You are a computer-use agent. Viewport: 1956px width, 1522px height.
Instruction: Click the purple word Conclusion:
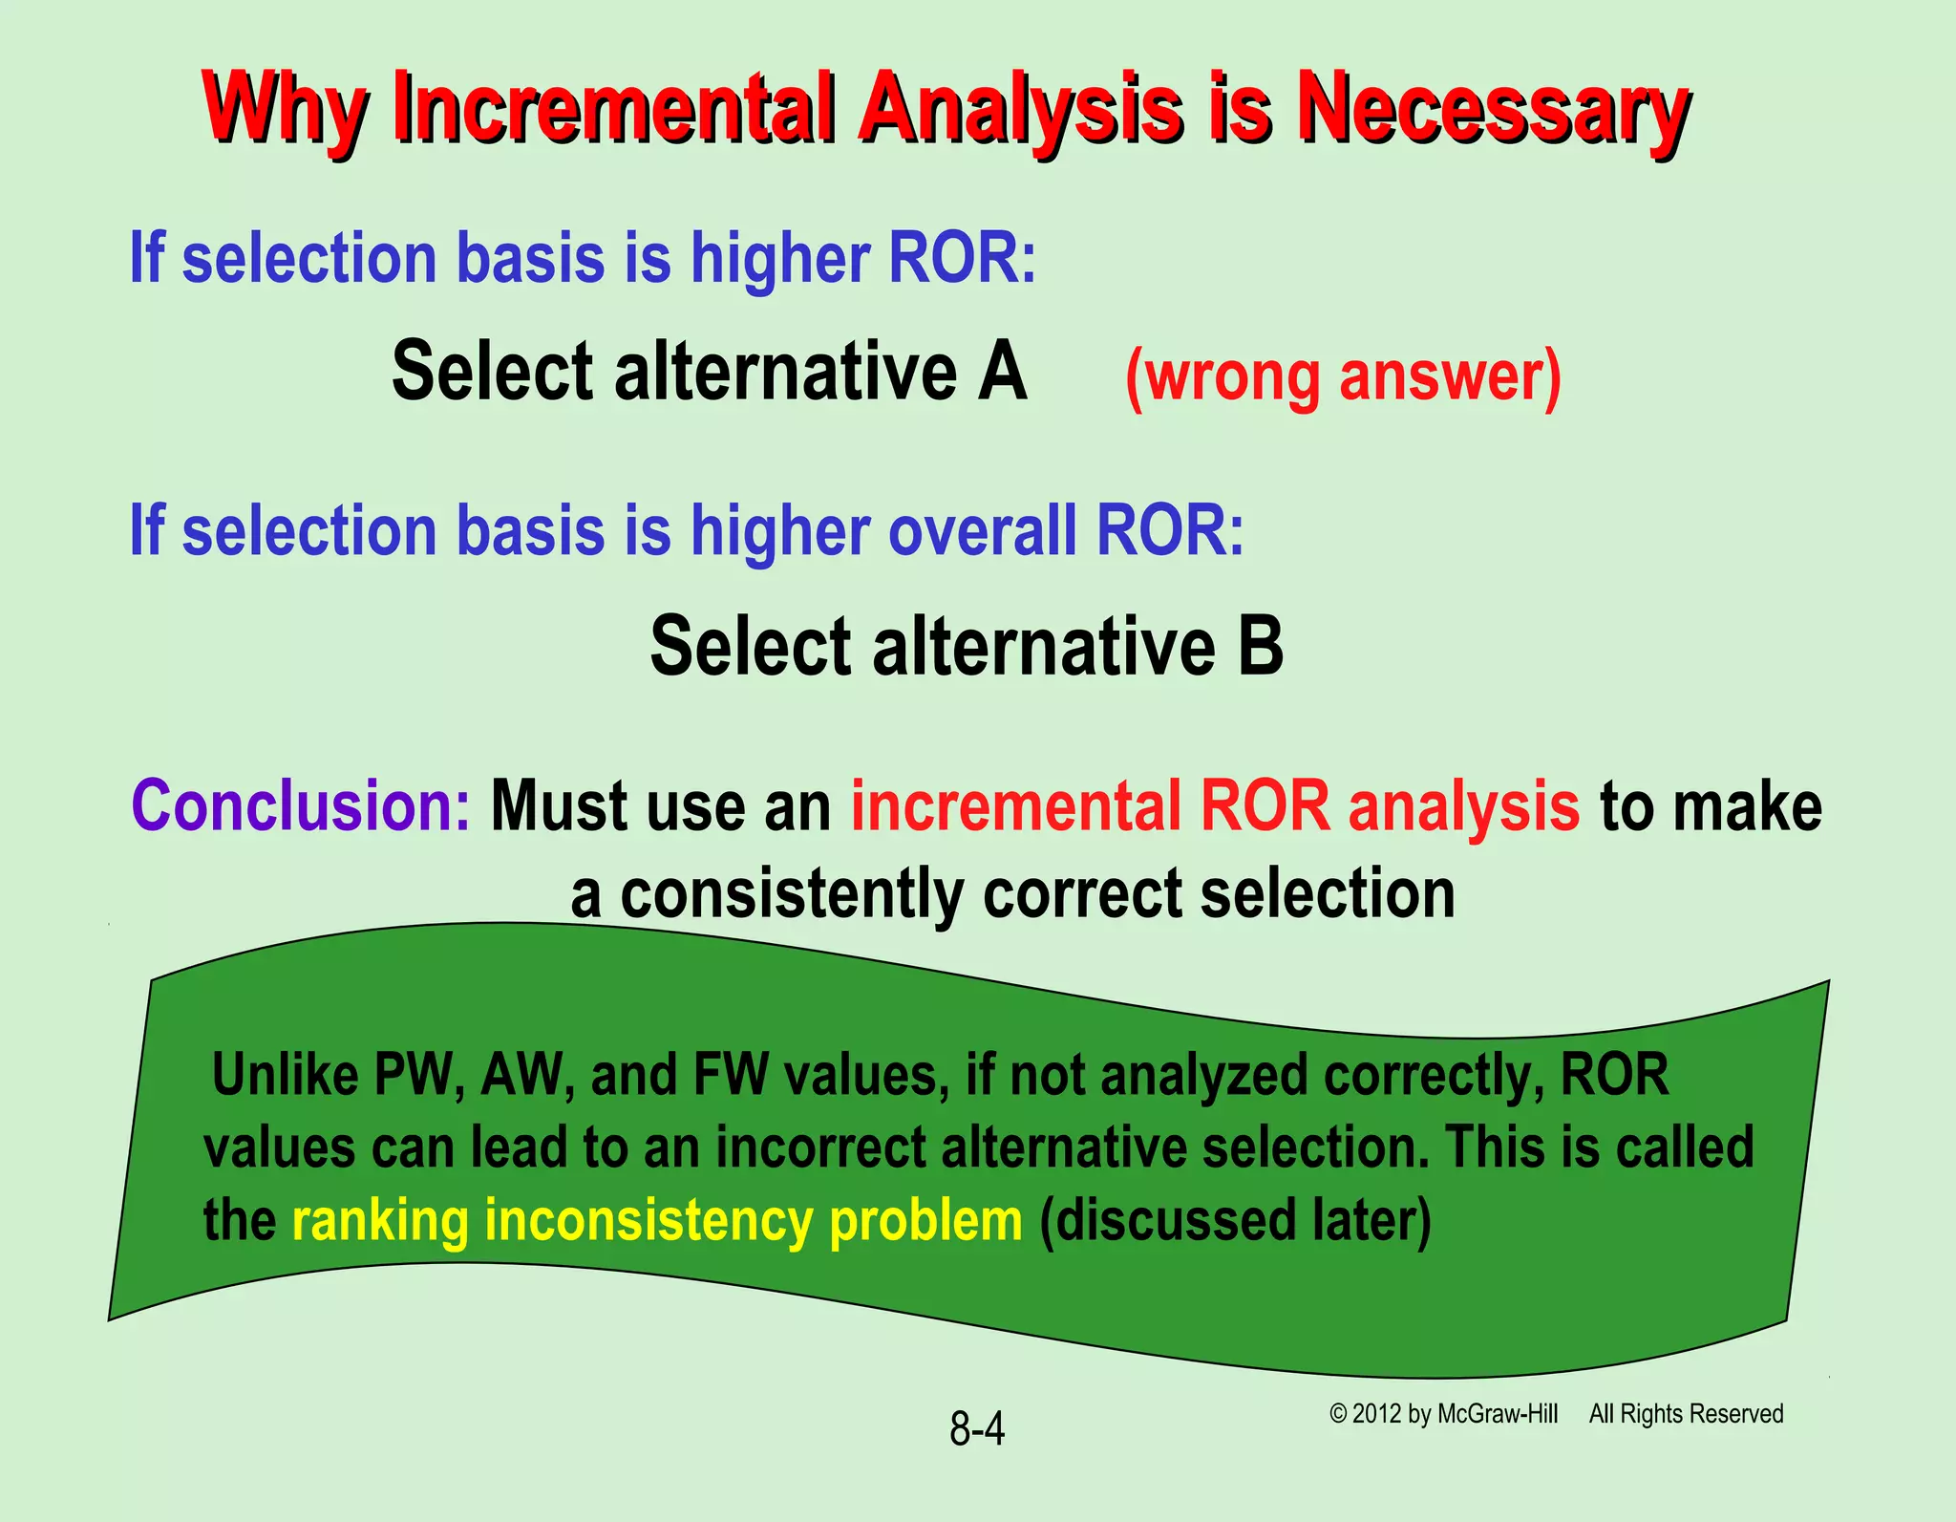coord(301,805)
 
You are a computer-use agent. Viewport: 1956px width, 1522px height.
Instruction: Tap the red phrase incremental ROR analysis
coord(1215,805)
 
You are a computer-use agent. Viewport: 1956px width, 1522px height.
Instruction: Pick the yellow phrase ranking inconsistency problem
coord(657,1220)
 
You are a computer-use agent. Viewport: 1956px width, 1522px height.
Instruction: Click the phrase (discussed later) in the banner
coord(1236,1220)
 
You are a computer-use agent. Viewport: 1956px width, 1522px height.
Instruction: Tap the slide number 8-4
coord(976,1429)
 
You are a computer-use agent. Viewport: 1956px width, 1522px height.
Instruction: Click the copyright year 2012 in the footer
coord(1377,1414)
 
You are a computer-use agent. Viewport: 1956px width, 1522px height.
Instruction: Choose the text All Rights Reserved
coord(1686,1414)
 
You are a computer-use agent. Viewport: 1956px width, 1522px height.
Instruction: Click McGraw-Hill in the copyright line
coord(1498,1414)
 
